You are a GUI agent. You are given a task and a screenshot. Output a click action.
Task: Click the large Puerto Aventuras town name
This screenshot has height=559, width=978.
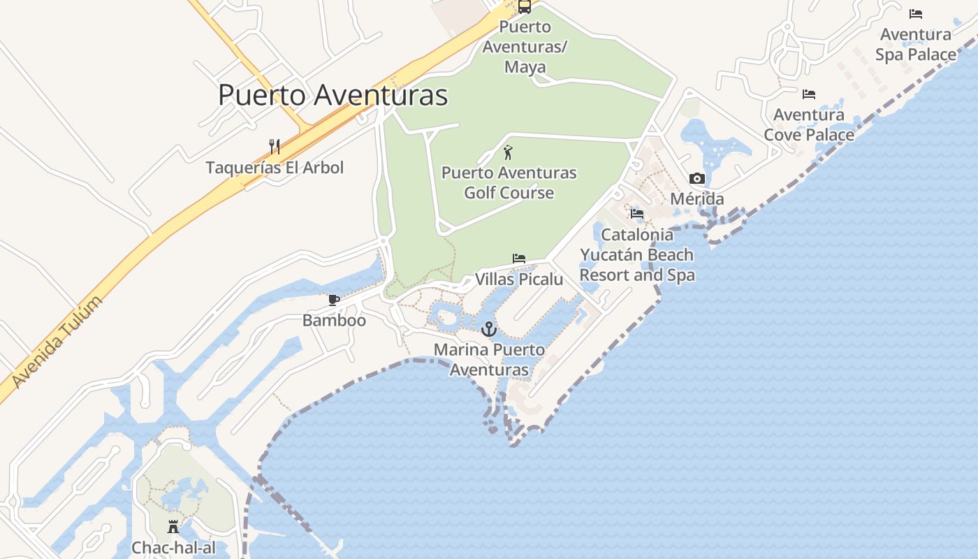[333, 95]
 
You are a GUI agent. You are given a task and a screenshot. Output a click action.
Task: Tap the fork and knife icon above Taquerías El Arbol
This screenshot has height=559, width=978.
[275, 147]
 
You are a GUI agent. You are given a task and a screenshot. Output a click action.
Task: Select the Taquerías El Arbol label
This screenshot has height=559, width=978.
[275, 168]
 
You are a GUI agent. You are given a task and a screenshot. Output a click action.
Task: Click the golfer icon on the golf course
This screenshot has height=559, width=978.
[509, 152]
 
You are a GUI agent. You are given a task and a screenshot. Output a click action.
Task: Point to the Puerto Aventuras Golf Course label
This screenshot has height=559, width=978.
[509, 182]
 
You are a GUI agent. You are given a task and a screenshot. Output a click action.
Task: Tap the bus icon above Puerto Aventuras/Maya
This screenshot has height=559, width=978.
[525, 7]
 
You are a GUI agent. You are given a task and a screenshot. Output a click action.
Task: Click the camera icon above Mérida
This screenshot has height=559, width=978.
[696, 179]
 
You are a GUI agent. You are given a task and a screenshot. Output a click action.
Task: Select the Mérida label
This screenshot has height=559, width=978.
[696, 199]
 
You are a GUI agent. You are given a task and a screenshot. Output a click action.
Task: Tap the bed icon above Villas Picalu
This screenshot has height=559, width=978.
[518, 259]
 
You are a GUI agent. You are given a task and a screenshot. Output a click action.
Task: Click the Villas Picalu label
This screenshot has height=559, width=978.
[518, 279]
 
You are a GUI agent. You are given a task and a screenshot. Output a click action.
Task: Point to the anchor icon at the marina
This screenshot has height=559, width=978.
[488, 328]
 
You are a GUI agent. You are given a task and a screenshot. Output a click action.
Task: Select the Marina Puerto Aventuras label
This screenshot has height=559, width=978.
[488, 359]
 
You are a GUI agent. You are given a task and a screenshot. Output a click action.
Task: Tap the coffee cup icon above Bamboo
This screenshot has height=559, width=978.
[334, 300]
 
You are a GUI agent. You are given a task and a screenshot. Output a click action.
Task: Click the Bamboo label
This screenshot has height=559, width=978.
[334, 321]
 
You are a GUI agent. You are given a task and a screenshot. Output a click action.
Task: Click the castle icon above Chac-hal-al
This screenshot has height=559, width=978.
[173, 527]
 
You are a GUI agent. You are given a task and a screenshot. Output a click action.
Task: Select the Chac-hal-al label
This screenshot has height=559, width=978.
[173, 548]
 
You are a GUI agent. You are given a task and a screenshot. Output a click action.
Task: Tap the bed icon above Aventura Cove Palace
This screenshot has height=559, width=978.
[809, 94]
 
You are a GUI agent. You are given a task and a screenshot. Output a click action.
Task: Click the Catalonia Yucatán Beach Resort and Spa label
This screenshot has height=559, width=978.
[637, 255]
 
